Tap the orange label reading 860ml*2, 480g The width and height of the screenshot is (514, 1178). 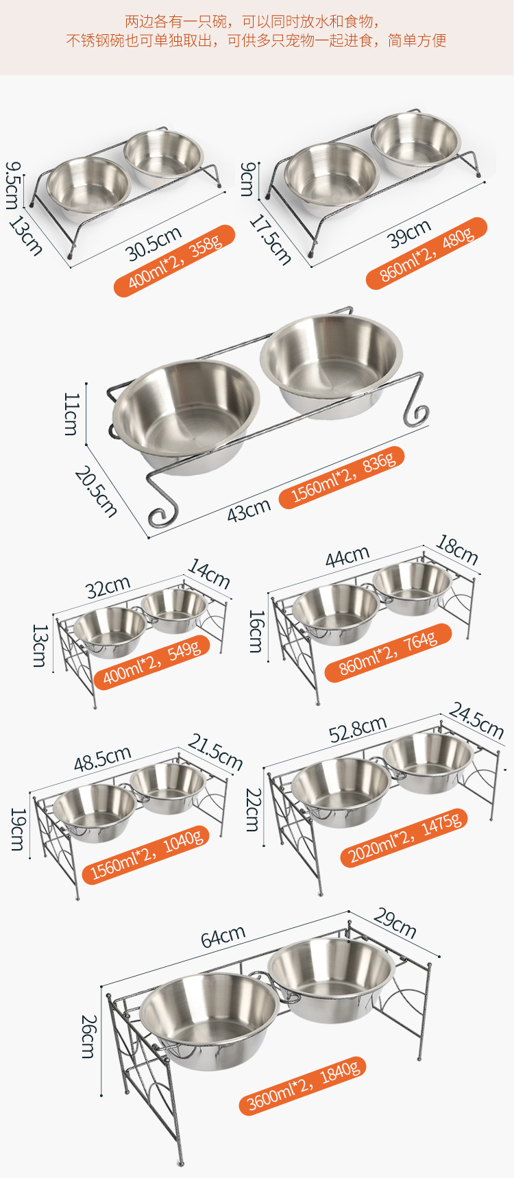[x=426, y=253]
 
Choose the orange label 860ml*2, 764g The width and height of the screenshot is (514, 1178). [x=388, y=652]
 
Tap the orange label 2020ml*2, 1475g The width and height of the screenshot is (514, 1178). [x=404, y=837]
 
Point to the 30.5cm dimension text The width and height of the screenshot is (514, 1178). [x=154, y=242]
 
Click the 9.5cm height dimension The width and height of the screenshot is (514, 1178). [x=13, y=185]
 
